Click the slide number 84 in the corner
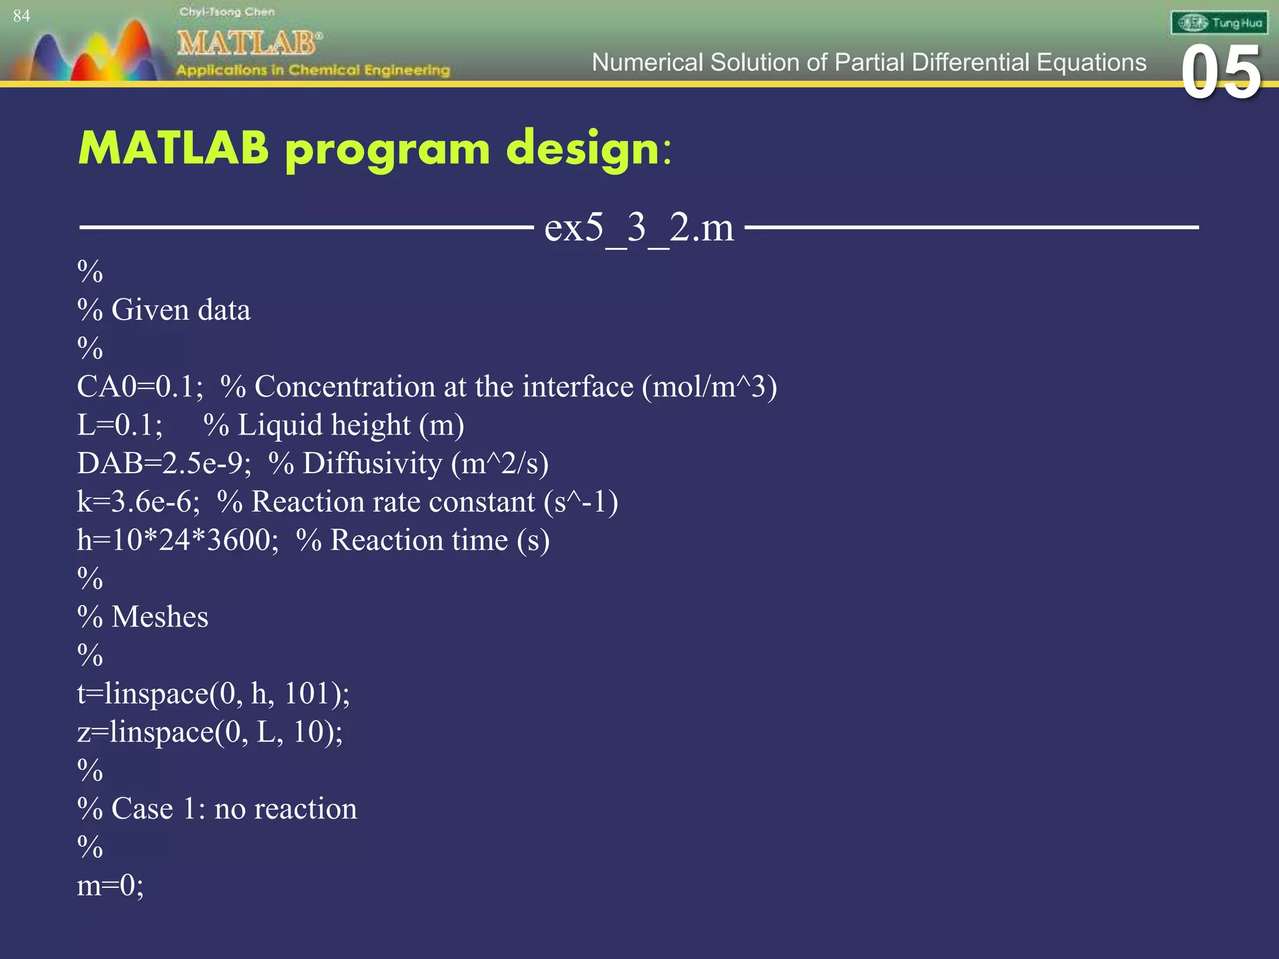[x=21, y=16]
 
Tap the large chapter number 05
[x=1222, y=73]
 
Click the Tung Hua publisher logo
[x=1219, y=23]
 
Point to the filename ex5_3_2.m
[x=639, y=227]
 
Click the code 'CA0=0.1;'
[x=140, y=386]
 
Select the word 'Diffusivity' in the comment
[x=372, y=463]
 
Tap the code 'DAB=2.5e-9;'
[x=164, y=463]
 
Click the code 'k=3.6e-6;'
[x=138, y=502]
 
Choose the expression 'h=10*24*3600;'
[x=178, y=540]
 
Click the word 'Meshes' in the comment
[x=160, y=617]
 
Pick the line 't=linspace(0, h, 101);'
[x=213, y=694]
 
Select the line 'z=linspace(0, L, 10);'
[x=210, y=732]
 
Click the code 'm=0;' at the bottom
[x=110, y=885]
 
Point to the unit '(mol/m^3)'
[x=709, y=386]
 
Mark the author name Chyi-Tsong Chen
[x=227, y=12]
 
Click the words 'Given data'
[x=180, y=310]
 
